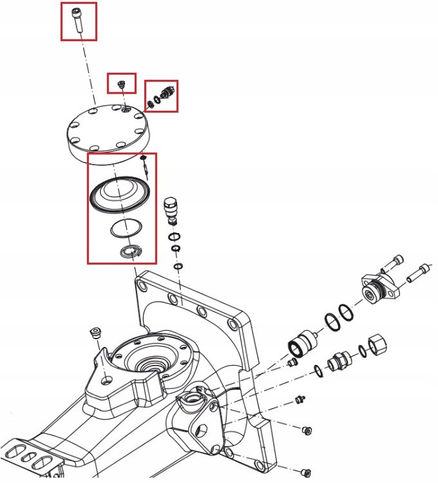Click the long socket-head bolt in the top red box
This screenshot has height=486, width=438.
tap(77, 19)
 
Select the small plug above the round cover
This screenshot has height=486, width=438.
tap(120, 84)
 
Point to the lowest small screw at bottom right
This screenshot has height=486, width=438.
tap(307, 472)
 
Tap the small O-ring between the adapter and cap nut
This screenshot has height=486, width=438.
tap(362, 351)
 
